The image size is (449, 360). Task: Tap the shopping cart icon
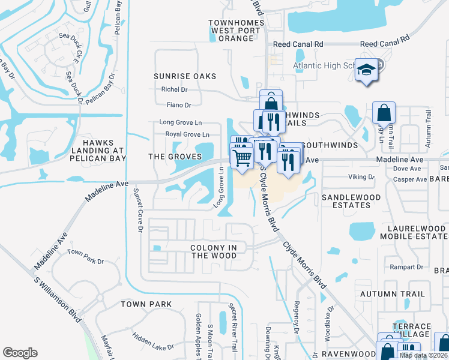[x=241, y=158]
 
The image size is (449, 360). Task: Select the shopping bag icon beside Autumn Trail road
[x=384, y=113]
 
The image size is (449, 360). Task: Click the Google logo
[x=20, y=352]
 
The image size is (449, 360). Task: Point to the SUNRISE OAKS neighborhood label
[x=184, y=77]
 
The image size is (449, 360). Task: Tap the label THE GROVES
[x=173, y=157]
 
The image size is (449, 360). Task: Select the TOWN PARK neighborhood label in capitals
[x=146, y=304]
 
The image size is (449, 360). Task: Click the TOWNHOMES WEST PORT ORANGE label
[x=231, y=31]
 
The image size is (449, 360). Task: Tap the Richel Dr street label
[x=174, y=90]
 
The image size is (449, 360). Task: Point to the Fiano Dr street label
[x=179, y=105]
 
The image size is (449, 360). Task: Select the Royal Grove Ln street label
[x=187, y=134]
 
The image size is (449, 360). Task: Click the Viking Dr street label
[x=361, y=177]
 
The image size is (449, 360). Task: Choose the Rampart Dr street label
[x=406, y=266]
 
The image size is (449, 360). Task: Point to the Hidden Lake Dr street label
[x=153, y=343]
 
